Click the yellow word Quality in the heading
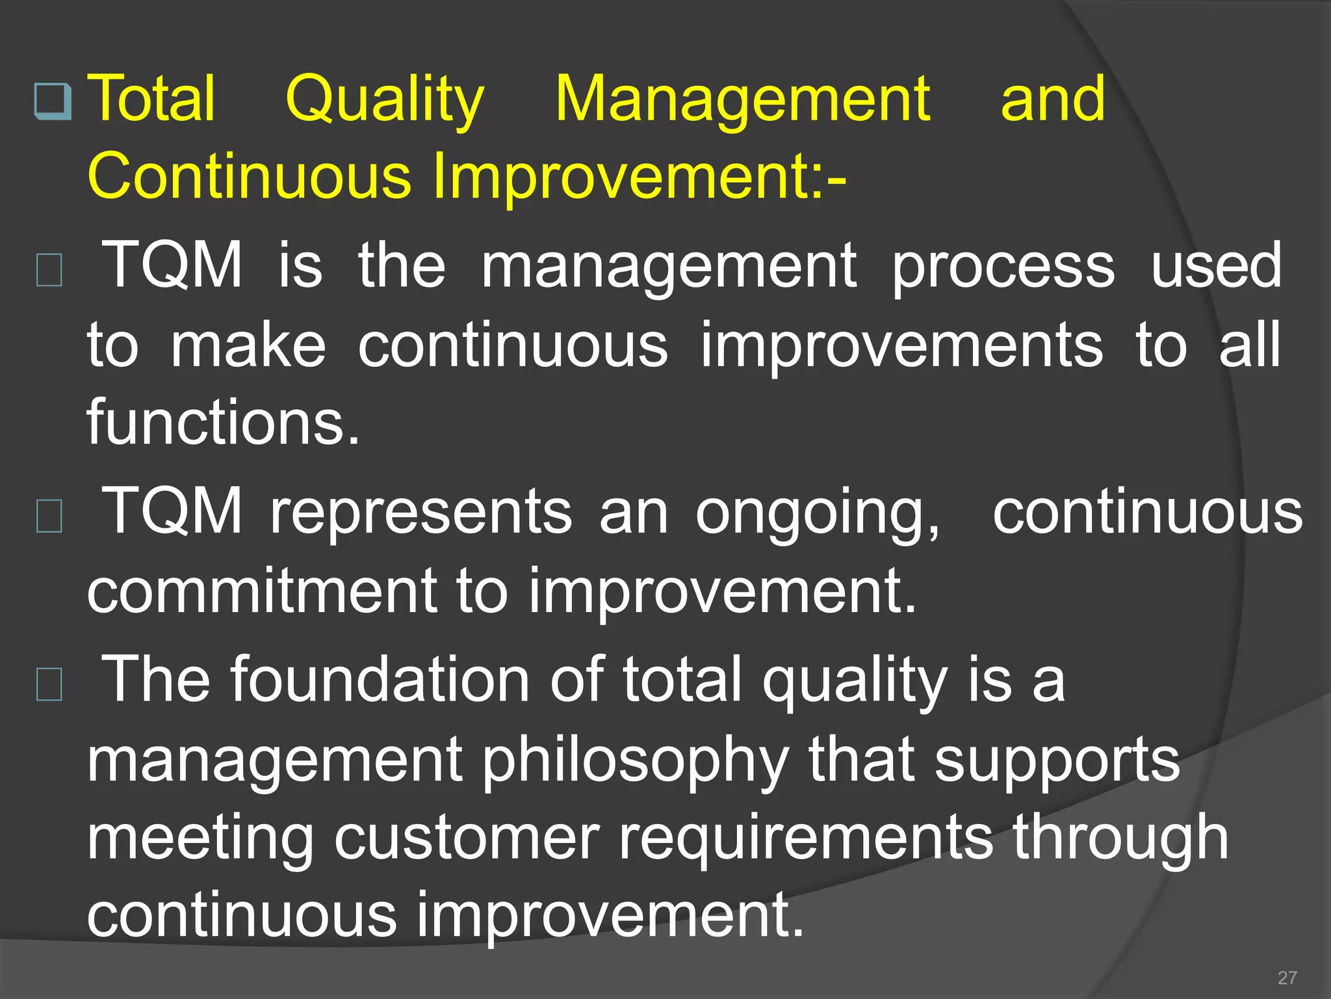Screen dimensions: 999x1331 coord(385,100)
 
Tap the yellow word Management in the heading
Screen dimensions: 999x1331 coord(743,100)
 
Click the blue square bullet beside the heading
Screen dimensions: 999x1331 coord(52,101)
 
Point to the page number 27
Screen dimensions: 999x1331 coord(1287,978)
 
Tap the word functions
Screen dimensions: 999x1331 coord(223,423)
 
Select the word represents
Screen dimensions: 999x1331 coord(421,513)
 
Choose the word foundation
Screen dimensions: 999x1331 coord(381,680)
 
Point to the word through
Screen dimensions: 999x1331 coord(1121,838)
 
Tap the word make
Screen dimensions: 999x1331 coord(248,345)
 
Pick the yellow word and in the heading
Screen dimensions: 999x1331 coord(1052,100)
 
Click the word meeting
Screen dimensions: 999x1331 coord(200,838)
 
